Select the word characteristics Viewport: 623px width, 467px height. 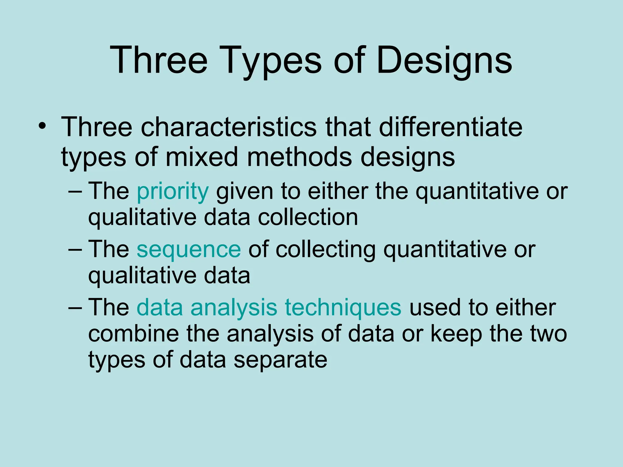[228, 127]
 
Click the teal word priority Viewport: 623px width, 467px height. [173, 192]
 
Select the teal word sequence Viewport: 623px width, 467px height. [189, 249]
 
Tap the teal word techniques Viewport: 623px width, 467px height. [343, 307]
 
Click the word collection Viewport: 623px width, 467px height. [308, 218]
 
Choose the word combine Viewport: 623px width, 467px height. [134, 334]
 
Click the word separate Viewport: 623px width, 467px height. [280, 360]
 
